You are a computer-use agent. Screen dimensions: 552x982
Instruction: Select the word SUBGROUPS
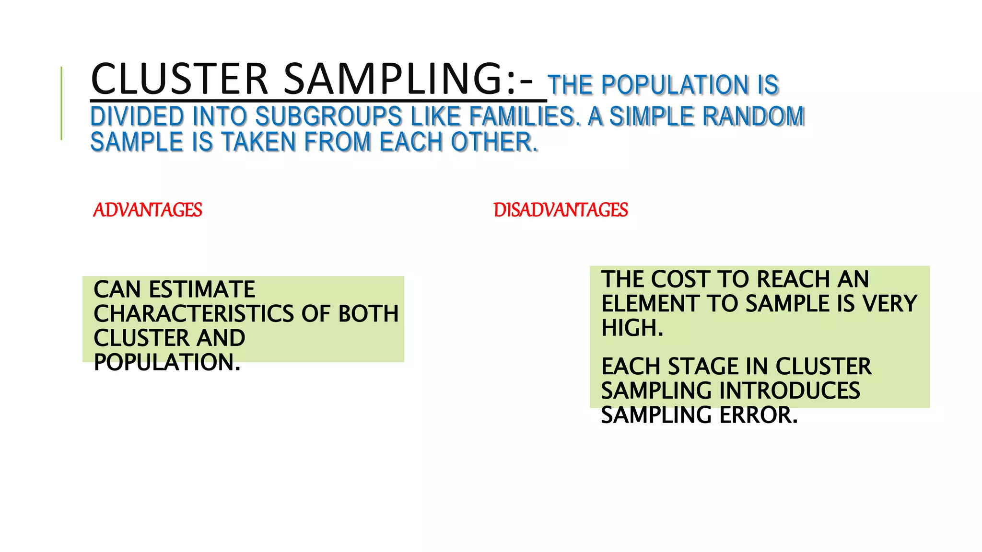point(328,116)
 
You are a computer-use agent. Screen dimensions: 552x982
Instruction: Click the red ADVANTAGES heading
point(148,210)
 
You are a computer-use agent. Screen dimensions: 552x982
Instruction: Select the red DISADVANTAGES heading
point(561,210)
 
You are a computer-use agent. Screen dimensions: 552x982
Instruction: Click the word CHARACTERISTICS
point(194,314)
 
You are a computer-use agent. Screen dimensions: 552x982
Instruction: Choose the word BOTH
point(368,314)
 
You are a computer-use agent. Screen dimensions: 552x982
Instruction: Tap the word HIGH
point(632,328)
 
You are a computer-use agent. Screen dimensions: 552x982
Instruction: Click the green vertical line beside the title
point(61,103)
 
